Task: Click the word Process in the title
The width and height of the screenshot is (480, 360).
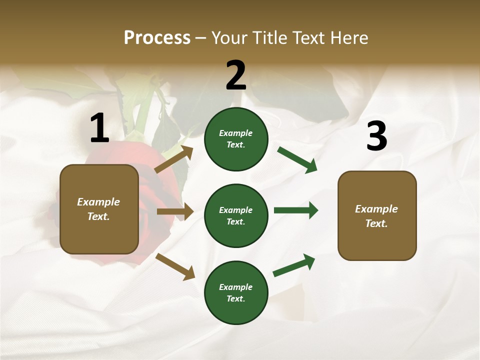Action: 157,37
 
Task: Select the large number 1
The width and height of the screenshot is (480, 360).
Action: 99,128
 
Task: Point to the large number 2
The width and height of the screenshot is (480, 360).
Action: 236,75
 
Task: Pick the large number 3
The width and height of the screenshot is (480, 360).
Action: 376,136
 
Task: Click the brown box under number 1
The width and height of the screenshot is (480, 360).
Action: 99,209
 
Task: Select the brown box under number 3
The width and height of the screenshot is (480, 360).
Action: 377,215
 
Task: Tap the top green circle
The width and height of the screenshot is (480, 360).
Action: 236,139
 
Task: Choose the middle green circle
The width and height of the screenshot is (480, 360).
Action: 236,215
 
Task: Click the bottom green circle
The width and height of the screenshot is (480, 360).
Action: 236,292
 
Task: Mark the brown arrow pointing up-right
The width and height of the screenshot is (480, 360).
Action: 174,159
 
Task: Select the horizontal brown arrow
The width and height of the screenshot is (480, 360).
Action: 175,211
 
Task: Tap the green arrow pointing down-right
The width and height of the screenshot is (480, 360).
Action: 297,160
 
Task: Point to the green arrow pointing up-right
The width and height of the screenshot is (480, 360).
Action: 294,265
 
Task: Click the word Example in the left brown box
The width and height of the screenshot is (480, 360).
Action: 98,202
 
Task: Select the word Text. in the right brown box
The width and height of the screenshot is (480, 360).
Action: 376,223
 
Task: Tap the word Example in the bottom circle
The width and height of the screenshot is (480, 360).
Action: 236,287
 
